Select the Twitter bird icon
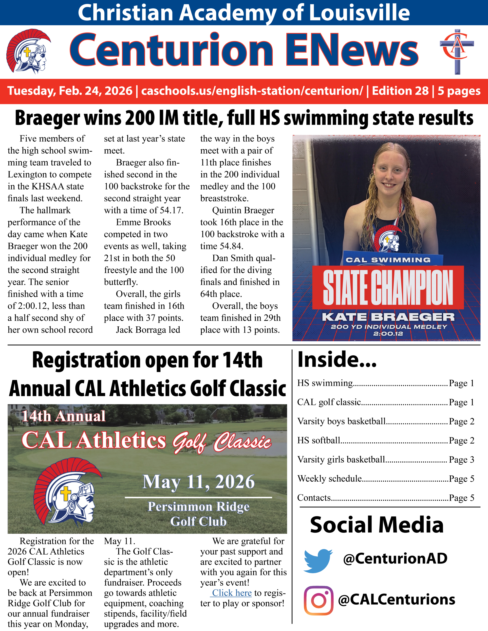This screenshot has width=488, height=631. click(318, 561)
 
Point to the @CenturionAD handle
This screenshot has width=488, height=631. click(395, 559)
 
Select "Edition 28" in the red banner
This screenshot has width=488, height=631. click(400, 91)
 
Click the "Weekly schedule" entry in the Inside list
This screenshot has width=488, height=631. click(329, 479)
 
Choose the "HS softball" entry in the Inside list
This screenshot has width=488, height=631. click(319, 440)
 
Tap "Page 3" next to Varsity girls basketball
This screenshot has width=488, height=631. click(461, 460)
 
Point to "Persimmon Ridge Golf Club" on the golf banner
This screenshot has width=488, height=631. click(198, 514)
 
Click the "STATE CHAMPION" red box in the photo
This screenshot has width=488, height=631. click(388, 287)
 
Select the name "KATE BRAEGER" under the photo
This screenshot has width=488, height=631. click(388, 317)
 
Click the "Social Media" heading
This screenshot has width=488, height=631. click(377, 525)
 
